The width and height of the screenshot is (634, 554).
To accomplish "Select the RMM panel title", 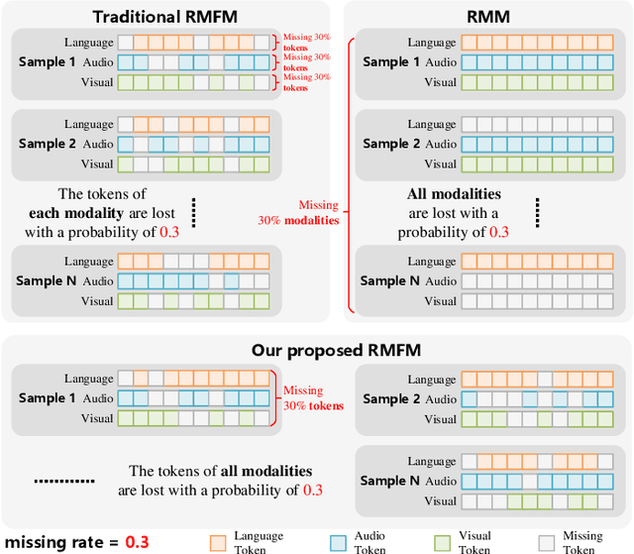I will click(487, 16).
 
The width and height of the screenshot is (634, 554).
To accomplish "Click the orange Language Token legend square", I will click(219, 542).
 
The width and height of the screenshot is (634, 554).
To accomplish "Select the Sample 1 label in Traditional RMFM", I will click(47, 62).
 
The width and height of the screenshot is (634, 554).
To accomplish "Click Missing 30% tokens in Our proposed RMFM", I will click(313, 398).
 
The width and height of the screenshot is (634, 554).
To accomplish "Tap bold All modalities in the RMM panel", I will click(454, 195).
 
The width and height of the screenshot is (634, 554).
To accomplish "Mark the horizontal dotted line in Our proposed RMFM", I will click(62, 481).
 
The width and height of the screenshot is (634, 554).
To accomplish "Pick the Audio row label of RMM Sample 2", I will click(441, 144).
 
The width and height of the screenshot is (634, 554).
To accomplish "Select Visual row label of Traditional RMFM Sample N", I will click(96, 300).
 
